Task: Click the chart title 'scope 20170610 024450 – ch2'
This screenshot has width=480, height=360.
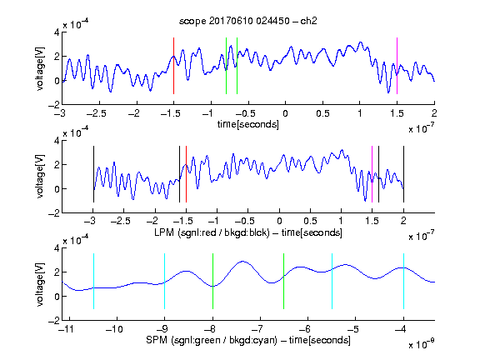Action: [x=248, y=21]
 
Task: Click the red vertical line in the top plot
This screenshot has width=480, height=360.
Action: [x=173, y=66]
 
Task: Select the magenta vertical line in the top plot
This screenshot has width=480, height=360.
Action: [x=397, y=66]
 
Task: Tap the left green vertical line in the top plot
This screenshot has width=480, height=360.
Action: [x=226, y=66]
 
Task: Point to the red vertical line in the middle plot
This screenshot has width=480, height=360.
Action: [x=186, y=174]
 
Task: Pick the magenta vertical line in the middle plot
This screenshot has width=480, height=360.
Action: [x=372, y=174]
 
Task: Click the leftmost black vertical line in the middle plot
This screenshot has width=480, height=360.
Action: [x=93, y=174]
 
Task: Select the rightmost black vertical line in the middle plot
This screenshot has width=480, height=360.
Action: [x=403, y=174]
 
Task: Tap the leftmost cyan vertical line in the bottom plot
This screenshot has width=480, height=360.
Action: [x=93, y=281]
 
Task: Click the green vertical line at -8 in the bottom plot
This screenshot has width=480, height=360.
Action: [x=212, y=281]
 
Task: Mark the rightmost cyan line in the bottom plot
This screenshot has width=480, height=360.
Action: [x=403, y=281]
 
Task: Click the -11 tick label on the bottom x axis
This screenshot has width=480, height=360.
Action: [x=67, y=329]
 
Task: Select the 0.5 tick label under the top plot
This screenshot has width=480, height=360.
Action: [x=322, y=113]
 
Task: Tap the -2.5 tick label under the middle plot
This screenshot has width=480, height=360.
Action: [x=121, y=221]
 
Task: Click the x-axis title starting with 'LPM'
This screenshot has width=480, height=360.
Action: [x=248, y=232]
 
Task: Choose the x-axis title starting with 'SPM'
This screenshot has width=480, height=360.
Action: [x=248, y=340]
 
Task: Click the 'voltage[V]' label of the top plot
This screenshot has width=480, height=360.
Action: [x=40, y=68]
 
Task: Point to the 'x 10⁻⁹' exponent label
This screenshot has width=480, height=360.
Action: [x=421, y=344]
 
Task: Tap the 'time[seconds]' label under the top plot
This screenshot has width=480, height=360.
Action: [x=248, y=124]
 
